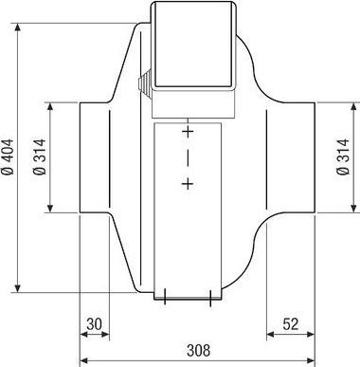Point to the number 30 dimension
point(93,323)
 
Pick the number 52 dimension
point(291,323)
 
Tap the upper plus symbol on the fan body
point(188,131)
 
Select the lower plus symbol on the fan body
point(188,183)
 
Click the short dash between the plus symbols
point(188,156)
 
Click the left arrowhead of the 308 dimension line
point(83,360)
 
